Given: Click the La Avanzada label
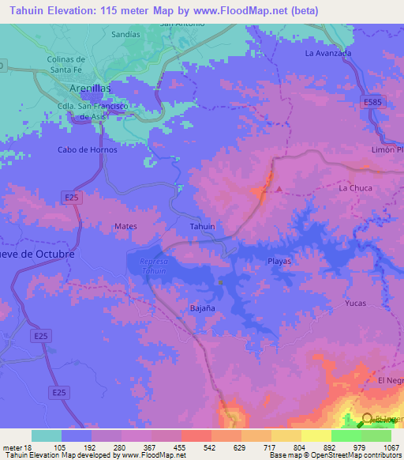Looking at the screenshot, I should (x=327, y=53).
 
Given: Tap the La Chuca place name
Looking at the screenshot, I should (x=355, y=188).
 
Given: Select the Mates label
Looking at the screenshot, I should (x=125, y=226).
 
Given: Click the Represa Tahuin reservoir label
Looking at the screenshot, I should (x=150, y=266).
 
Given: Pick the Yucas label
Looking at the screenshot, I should (x=356, y=303).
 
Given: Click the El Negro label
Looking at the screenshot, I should (x=390, y=381).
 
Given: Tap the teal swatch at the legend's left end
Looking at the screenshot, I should (x=47, y=435).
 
